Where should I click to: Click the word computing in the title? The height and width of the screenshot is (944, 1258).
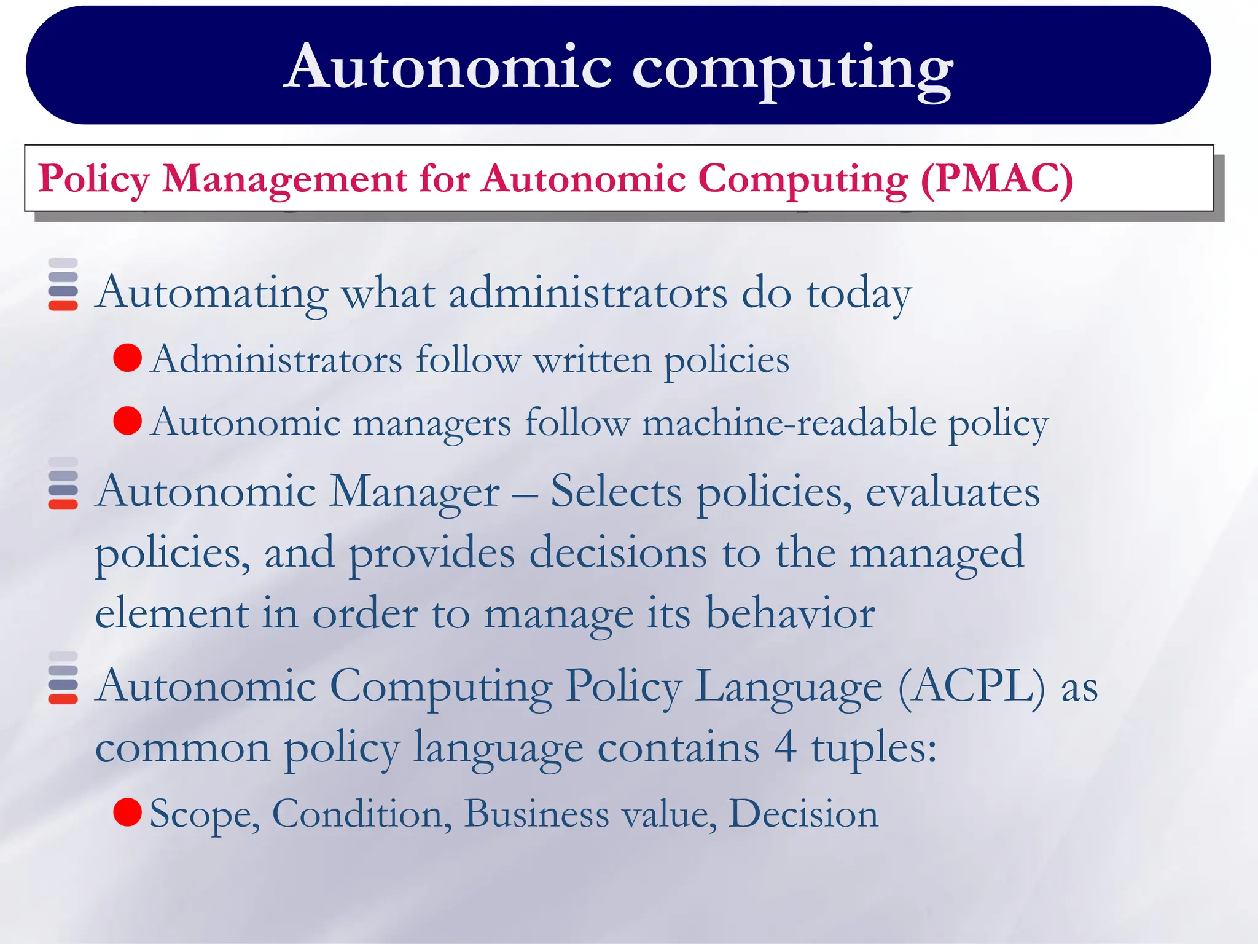tap(792, 69)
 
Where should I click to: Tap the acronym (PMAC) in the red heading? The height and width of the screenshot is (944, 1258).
tap(996, 179)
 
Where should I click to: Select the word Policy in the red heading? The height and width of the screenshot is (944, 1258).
tap(94, 179)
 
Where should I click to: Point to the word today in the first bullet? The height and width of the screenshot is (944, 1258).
tap(858, 294)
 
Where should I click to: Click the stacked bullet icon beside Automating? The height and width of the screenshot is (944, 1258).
tap(63, 284)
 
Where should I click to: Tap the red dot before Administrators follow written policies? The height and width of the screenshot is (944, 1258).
tap(128, 358)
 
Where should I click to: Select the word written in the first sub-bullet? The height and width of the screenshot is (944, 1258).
tap(592, 360)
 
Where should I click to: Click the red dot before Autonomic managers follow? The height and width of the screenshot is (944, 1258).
tap(128, 421)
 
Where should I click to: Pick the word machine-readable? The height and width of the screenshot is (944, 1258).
tap(789, 423)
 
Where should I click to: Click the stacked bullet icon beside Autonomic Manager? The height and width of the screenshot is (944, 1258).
tap(63, 483)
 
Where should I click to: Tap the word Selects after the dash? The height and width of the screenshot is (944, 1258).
tap(616, 492)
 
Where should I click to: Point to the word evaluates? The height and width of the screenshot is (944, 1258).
tap(952, 493)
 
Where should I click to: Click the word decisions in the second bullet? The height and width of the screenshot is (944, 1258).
tap(618, 553)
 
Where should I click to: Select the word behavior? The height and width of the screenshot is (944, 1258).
tap(790, 613)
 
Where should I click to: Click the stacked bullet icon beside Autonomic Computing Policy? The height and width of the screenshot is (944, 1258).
tap(63, 677)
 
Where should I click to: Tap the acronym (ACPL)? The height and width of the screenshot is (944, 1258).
tap(971, 686)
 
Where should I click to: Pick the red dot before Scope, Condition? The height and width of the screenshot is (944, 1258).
tap(128, 812)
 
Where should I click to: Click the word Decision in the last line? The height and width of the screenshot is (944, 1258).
tap(803, 814)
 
